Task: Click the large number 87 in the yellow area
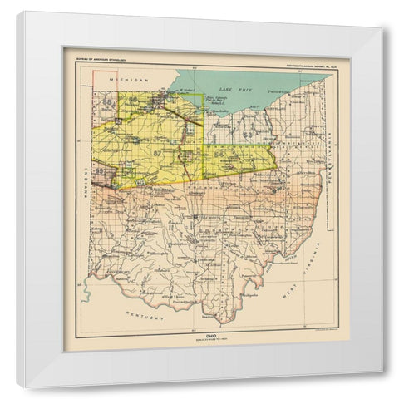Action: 156,153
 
